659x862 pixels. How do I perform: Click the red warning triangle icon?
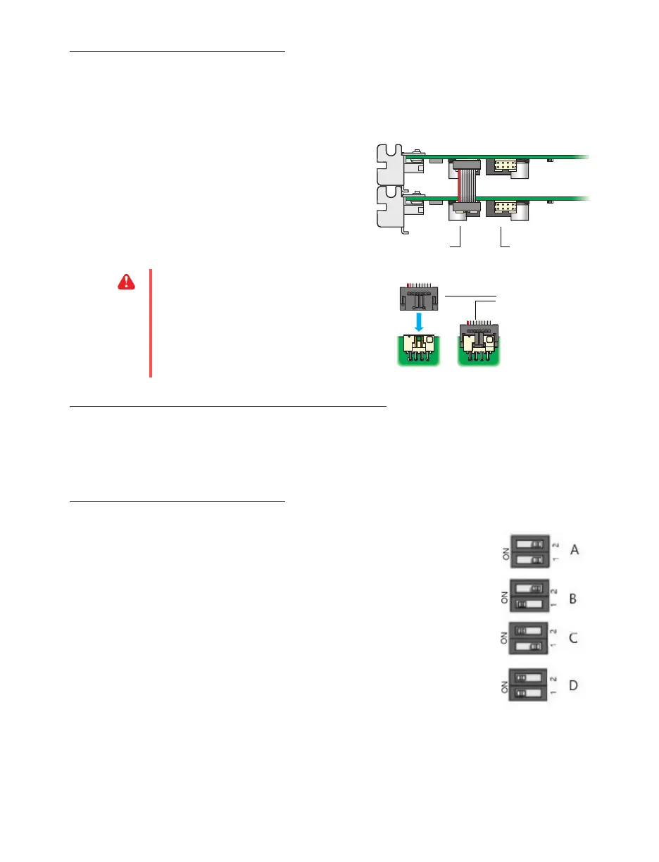125,282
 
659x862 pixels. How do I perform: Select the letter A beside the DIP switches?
575,550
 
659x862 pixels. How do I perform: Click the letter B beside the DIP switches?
573,599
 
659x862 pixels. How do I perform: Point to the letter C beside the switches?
573,639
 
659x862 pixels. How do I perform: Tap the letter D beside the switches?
573,685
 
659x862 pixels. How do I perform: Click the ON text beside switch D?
505,688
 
